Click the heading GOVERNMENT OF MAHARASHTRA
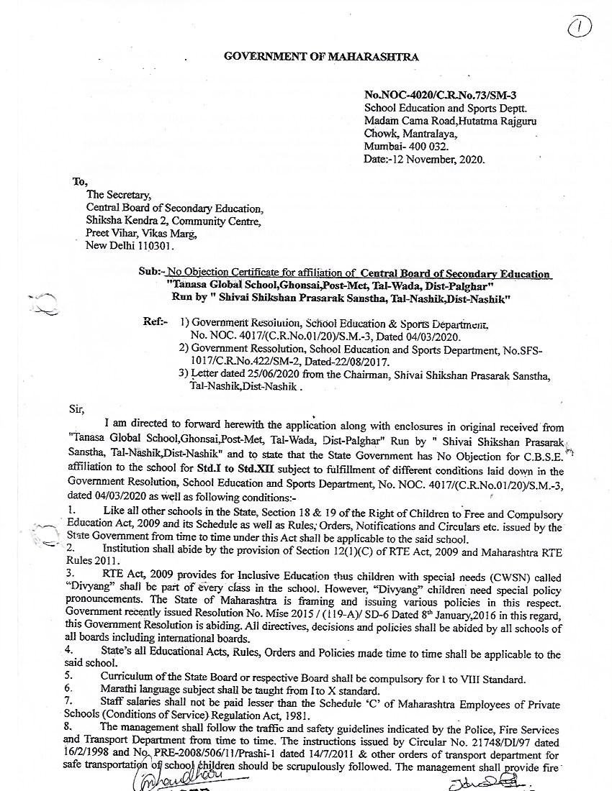321,56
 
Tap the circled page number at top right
579,28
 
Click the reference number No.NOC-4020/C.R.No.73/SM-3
440,95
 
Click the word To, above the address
79,181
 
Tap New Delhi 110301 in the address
130,245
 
